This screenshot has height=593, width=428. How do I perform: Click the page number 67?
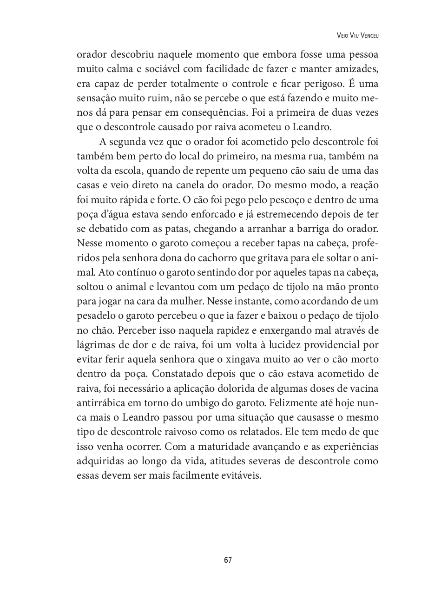pos(228,560)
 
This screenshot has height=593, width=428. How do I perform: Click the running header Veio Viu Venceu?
pos(357,35)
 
